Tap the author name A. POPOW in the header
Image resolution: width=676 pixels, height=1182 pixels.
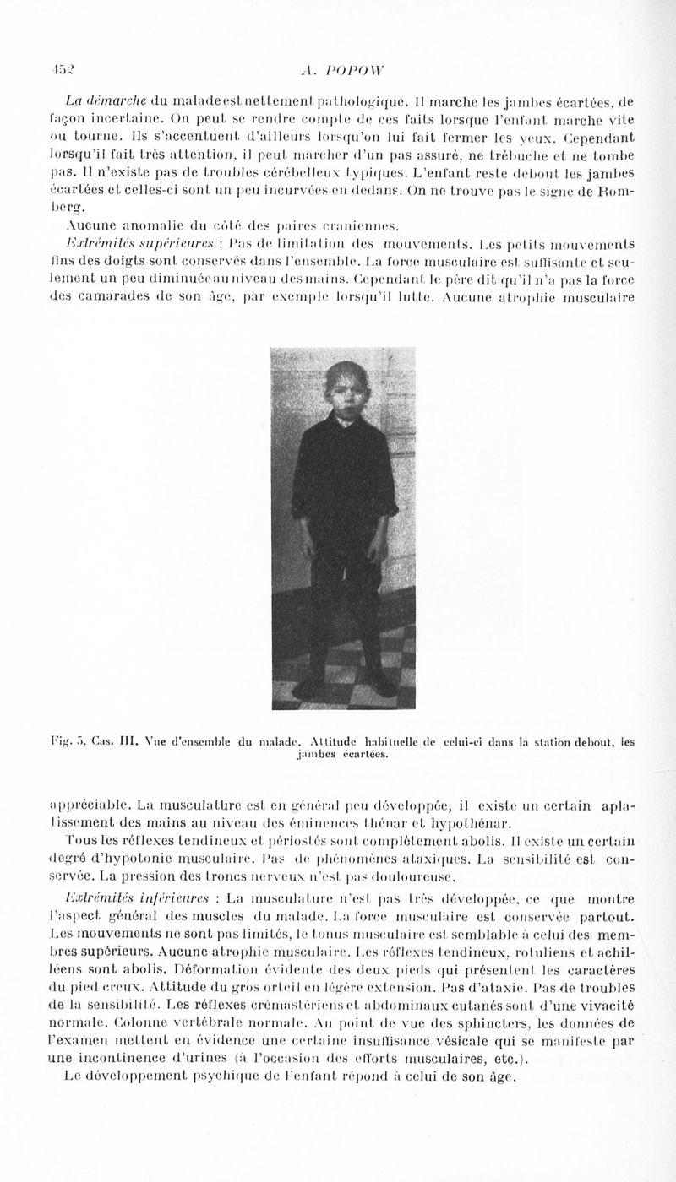coord(338,73)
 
